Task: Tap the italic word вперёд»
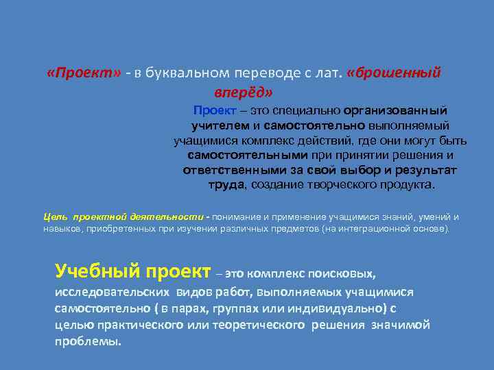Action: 243,90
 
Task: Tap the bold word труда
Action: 225,185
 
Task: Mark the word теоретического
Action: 263,324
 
